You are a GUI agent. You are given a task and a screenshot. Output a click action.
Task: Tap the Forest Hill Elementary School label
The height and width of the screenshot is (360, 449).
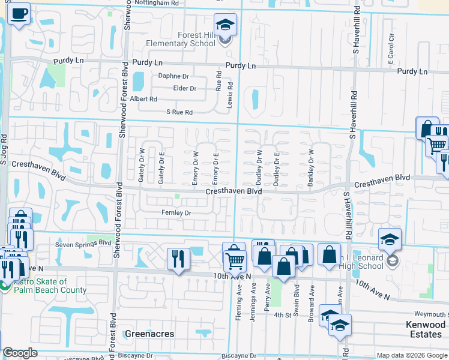point(181,40)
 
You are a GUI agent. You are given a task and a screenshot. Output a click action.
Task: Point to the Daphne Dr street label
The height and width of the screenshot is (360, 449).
point(173,76)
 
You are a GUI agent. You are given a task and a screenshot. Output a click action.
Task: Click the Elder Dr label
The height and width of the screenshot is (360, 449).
point(184,88)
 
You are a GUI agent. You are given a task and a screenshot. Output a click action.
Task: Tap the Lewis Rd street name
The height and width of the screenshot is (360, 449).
point(229,95)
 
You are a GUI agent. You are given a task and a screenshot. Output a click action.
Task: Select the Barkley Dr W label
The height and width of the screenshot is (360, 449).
point(310,168)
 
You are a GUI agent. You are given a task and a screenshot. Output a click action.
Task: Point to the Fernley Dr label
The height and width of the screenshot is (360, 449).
point(176,213)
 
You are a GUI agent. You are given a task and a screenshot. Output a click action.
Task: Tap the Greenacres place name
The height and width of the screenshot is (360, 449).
point(149,334)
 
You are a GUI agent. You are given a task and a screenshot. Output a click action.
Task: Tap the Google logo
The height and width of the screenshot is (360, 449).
point(20,353)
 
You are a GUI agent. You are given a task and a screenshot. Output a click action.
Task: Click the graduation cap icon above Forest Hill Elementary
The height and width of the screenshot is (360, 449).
point(225,25)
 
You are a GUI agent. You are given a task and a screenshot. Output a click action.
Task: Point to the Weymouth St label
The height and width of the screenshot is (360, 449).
point(430,314)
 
